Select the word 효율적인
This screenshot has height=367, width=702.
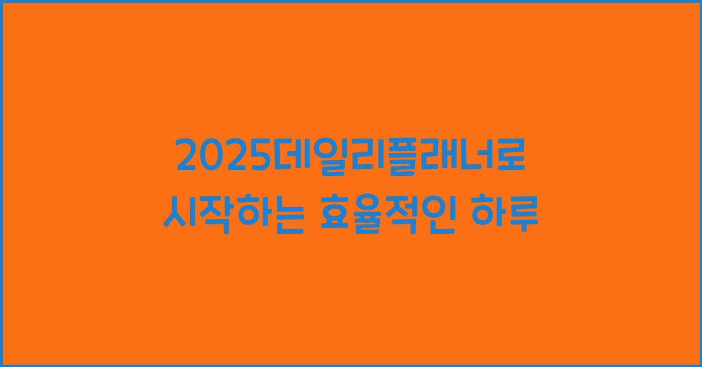(390, 214)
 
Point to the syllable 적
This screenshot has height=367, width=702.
(408, 214)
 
